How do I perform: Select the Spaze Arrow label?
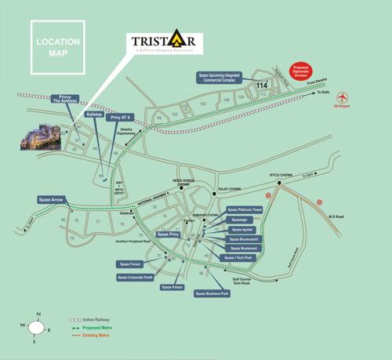coord(53,200)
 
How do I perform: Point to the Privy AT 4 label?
coord(122,118)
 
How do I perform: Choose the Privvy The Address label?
coord(65,99)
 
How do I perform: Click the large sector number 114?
coord(262,85)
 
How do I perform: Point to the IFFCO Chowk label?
coord(280,174)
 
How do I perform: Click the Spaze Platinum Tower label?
coord(244,210)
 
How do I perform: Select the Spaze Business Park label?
coord(212,293)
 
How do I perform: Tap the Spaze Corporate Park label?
coord(135,277)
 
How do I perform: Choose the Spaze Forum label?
coord(129,264)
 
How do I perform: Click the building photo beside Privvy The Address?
coord(41,136)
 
